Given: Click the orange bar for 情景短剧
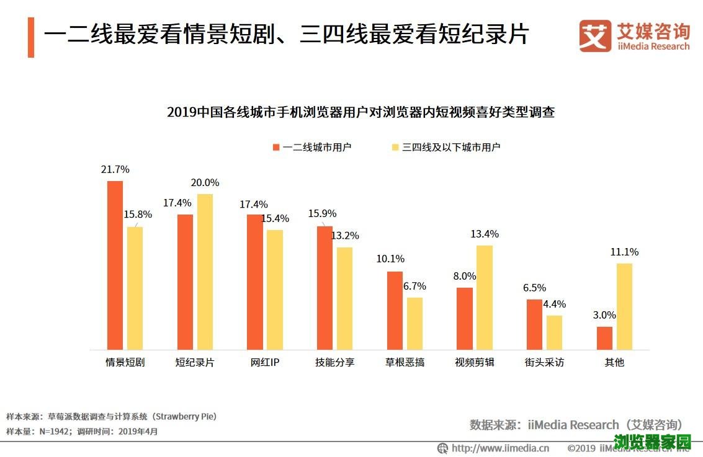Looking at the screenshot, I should click(115, 265).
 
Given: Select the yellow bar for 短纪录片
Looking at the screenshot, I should click(205, 272).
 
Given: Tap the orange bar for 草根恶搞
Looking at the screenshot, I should click(395, 310).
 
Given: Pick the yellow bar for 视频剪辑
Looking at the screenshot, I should click(485, 297).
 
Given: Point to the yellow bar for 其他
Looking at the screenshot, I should click(624, 306).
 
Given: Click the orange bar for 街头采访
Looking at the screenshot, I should click(534, 324).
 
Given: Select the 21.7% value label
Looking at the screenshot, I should click(116, 169).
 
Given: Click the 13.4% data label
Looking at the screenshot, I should click(485, 234).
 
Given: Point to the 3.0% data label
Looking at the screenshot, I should click(604, 315).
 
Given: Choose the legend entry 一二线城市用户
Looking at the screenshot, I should click(312, 147).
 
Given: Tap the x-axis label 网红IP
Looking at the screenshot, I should click(265, 362).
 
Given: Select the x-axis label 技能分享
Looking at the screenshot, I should click(334, 362).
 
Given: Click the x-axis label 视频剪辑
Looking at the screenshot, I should click(475, 362).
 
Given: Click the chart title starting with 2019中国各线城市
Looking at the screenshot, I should click(360, 112).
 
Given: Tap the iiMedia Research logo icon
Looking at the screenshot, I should click(595, 36).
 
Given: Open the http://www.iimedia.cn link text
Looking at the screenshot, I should click(500, 448).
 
